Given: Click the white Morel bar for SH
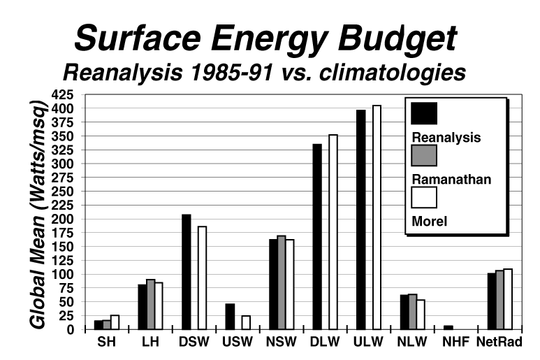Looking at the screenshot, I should pyautogui.click(x=115, y=322).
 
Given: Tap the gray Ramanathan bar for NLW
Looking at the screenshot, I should pyautogui.click(x=412, y=312).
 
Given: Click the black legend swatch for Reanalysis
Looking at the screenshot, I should pyautogui.click(x=425, y=113).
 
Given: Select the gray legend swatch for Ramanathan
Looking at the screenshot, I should pyautogui.click(x=425, y=155).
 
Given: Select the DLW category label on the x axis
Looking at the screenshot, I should pyautogui.click(x=325, y=343).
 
